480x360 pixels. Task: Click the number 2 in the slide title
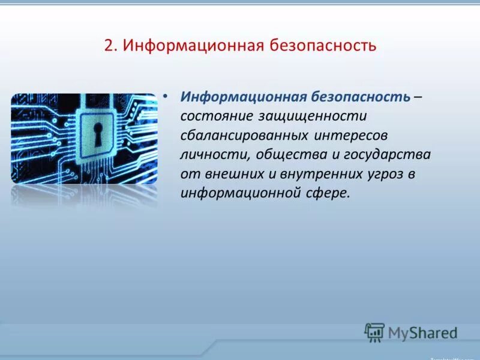pyautogui.click(x=108, y=46)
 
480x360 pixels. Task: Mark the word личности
pyautogui.click(x=215, y=155)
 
